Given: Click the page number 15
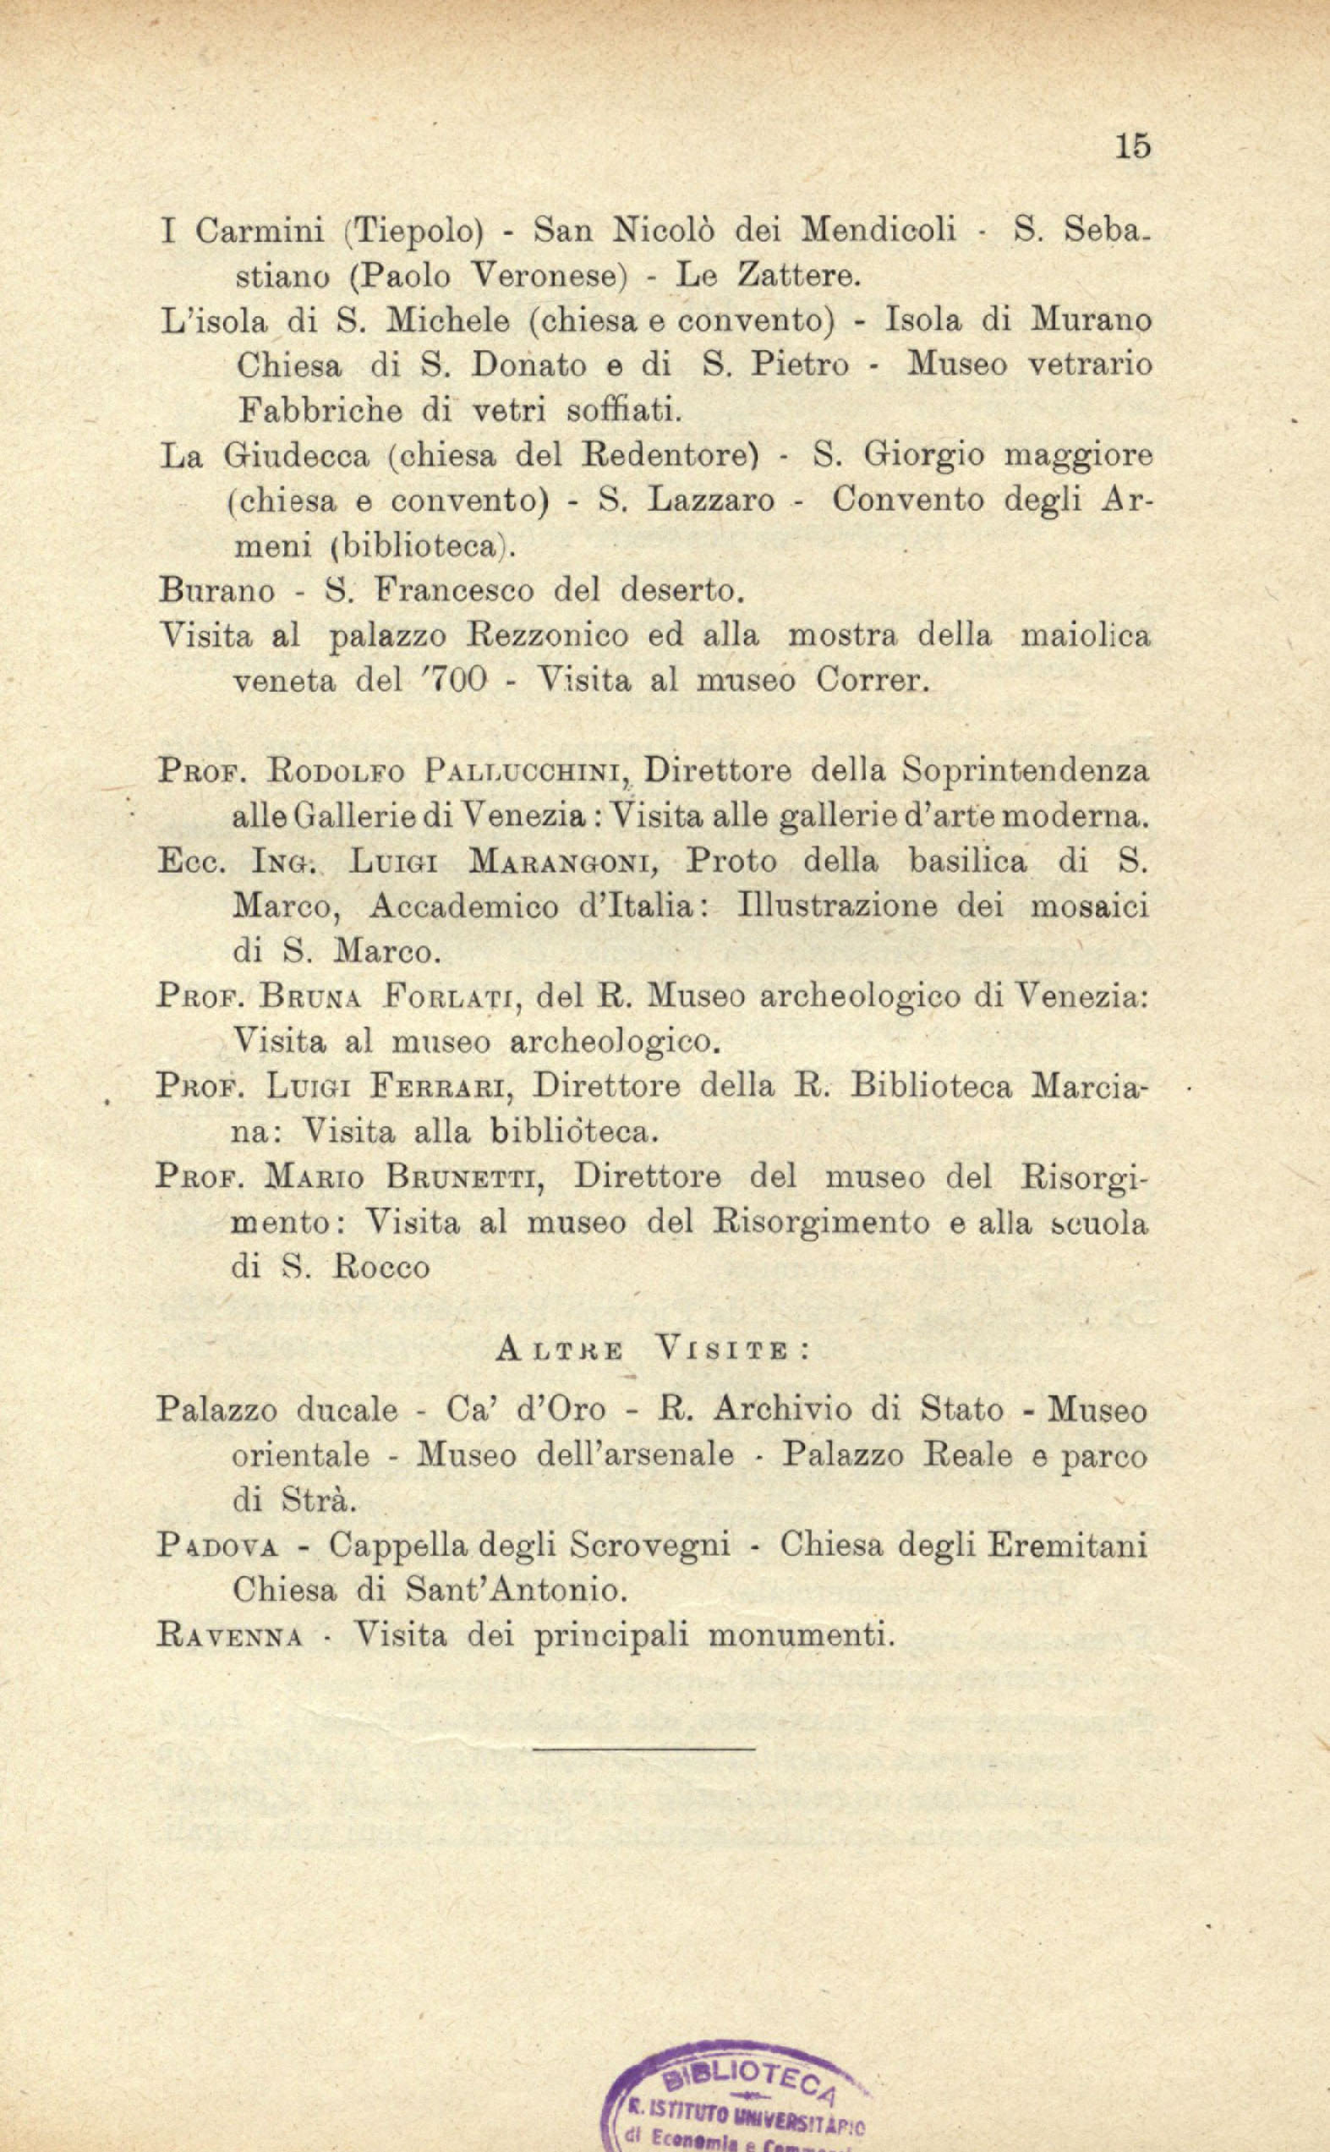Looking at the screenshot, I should [x=1133, y=146].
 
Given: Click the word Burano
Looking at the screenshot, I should [x=216, y=590].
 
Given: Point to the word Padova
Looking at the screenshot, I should [x=217, y=1545].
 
